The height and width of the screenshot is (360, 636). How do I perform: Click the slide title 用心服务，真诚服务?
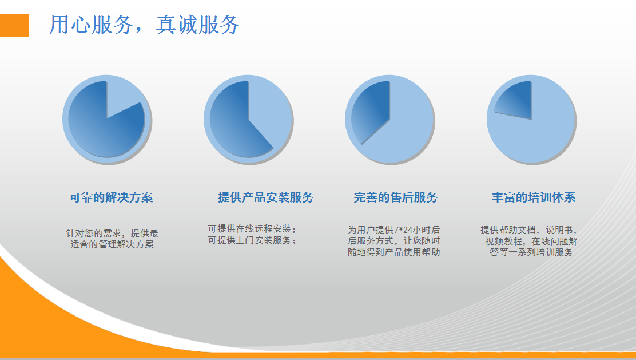pos(144,25)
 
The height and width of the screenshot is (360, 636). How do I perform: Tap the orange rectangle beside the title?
pos(15,25)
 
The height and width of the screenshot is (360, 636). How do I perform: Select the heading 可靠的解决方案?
pos(111,197)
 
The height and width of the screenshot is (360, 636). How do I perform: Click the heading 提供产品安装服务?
pos(266,197)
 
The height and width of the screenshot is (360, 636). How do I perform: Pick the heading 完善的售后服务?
pos(395,197)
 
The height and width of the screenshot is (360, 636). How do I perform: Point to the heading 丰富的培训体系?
pos(534,197)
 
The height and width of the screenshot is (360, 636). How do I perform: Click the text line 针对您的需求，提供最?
pos(112,234)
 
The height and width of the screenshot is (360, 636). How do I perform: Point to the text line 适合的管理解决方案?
pos(112,244)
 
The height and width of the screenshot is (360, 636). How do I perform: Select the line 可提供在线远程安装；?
pos(252,229)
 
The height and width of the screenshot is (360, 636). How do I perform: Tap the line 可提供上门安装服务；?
pos(252,240)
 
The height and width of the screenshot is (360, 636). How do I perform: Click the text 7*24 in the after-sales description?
pos(403,230)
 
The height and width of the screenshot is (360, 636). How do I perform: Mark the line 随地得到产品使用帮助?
pos(394,252)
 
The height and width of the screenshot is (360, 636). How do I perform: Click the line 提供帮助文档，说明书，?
pos(529,230)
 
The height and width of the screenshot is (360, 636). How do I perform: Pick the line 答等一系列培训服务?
pos(531,252)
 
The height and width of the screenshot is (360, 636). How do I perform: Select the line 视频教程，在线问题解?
pos(531,242)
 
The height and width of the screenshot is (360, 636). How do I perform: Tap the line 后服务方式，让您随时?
pos(394,242)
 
